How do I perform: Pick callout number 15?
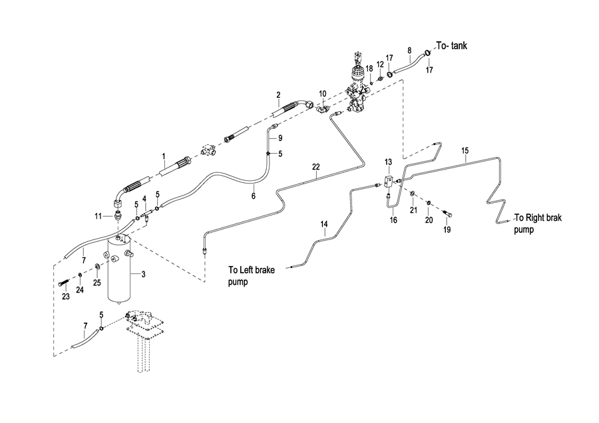pos(465,151)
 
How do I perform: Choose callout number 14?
pos(325,225)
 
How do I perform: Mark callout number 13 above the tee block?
pos(389,162)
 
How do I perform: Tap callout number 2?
pos(278,95)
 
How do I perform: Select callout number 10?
pos(322,94)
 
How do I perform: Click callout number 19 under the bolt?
pos(447,229)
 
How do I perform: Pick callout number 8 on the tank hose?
pos(409,50)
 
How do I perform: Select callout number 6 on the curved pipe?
pos(253,196)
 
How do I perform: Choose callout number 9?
pos(281,138)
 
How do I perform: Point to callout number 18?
pos(368,69)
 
